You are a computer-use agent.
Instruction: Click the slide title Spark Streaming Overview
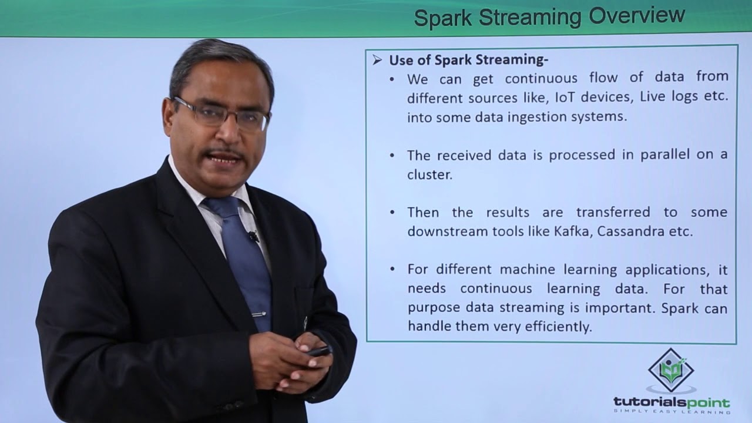pyautogui.click(x=549, y=16)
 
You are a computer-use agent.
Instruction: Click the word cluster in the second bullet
pyautogui.click(x=429, y=174)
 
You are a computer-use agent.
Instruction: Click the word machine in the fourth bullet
pyautogui.click(x=526, y=270)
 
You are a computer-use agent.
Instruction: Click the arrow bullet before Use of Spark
pyautogui.click(x=377, y=61)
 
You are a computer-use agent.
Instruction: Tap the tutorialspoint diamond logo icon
pyautogui.click(x=671, y=370)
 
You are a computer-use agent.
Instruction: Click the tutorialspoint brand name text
pyautogui.click(x=671, y=403)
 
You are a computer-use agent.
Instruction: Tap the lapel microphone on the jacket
pyautogui.click(x=253, y=237)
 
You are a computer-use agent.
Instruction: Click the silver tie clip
pyautogui.click(x=258, y=314)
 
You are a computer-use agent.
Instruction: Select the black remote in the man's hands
pyautogui.click(x=317, y=351)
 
